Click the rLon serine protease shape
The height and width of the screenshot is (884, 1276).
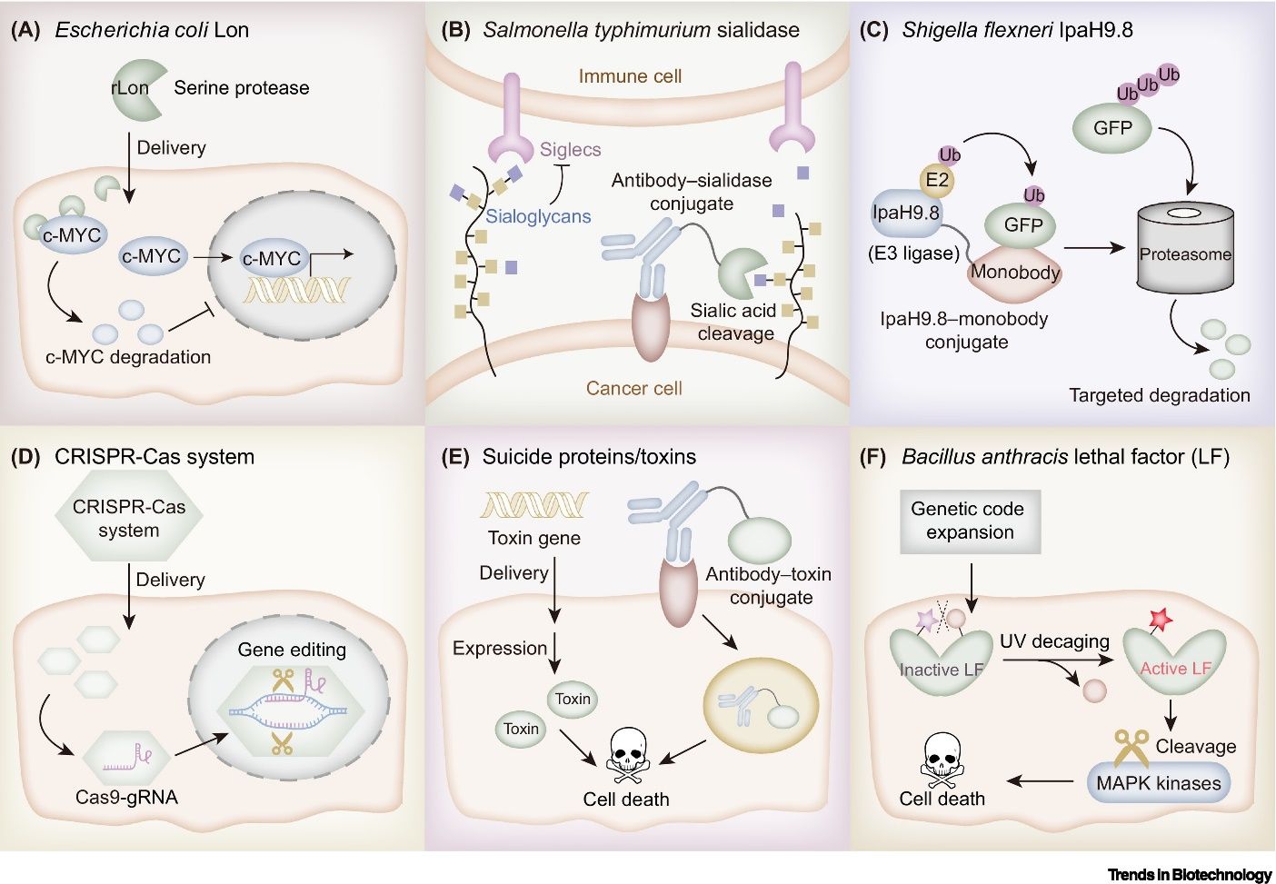coord(136,88)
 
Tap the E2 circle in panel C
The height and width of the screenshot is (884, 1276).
coord(937,180)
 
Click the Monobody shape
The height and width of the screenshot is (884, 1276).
coord(1014,273)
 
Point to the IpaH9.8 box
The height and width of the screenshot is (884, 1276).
coord(905,214)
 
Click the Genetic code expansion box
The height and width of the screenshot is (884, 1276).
coord(969,521)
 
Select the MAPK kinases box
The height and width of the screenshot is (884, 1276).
coord(1158,783)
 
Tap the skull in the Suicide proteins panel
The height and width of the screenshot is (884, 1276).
coord(627,753)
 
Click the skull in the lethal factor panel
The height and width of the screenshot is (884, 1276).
coord(942,758)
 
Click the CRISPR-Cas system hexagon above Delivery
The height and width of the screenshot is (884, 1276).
coord(128,519)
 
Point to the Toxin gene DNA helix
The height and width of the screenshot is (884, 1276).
coord(533,504)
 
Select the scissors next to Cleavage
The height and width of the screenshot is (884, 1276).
coord(1131,748)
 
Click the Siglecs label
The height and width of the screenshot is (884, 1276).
coord(570,150)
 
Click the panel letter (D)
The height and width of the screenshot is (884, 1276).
coord(25,456)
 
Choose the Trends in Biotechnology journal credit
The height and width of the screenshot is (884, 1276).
coord(1189,874)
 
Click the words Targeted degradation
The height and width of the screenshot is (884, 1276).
coord(1159,395)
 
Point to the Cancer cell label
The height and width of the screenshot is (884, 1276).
coord(633,389)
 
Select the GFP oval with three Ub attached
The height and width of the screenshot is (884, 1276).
coord(1112,128)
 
